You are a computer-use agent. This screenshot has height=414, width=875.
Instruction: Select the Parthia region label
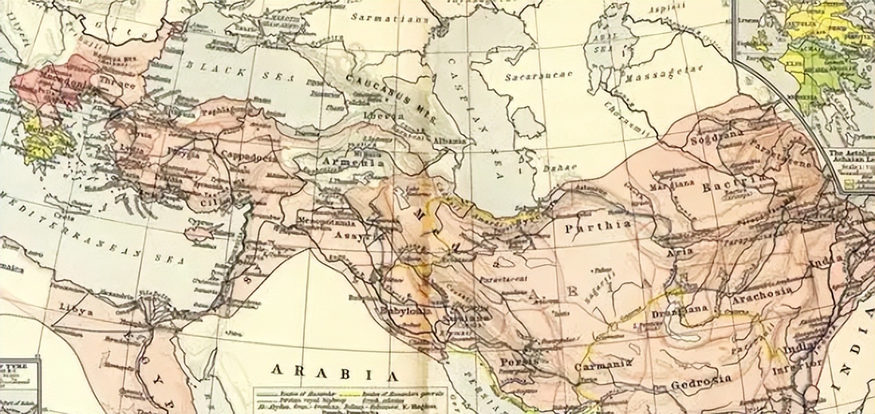(598, 226)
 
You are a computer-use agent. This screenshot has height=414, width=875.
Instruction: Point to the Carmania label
(604, 365)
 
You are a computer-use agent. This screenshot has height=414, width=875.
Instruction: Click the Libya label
(76, 313)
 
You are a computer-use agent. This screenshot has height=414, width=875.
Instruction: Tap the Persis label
(519, 361)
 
